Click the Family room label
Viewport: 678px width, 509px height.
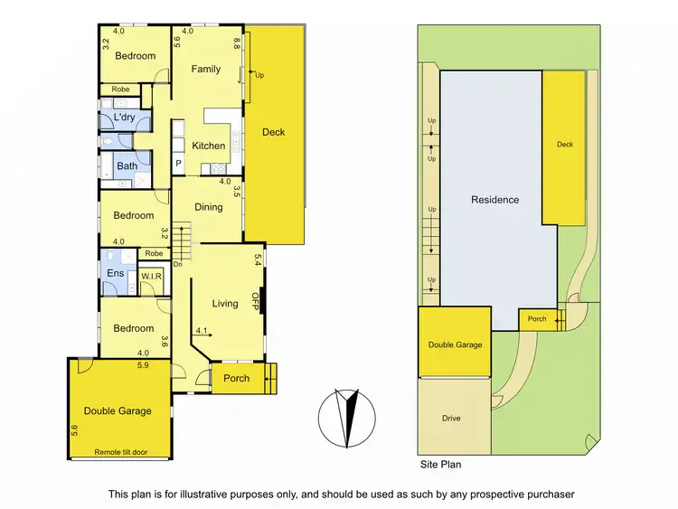click(x=206, y=70)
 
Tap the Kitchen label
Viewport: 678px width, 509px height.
click(x=209, y=146)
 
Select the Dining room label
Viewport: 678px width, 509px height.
click(x=209, y=207)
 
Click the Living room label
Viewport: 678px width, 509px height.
click(x=225, y=304)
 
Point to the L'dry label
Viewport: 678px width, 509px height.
click(x=125, y=117)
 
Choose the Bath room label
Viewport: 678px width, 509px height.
click(x=127, y=166)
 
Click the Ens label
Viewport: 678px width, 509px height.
click(x=116, y=272)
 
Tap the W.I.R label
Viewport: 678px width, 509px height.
click(x=151, y=276)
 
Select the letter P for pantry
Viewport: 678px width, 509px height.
click(x=179, y=164)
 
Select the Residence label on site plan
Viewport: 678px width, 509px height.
click(x=494, y=200)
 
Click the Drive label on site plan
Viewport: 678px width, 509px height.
click(x=452, y=419)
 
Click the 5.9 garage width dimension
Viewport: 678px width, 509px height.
click(x=143, y=365)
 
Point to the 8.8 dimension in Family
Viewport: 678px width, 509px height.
click(x=237, y=42)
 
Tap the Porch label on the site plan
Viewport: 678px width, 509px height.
click(x=536, y=318)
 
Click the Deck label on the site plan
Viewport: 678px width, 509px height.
click(x=564, y=145)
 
